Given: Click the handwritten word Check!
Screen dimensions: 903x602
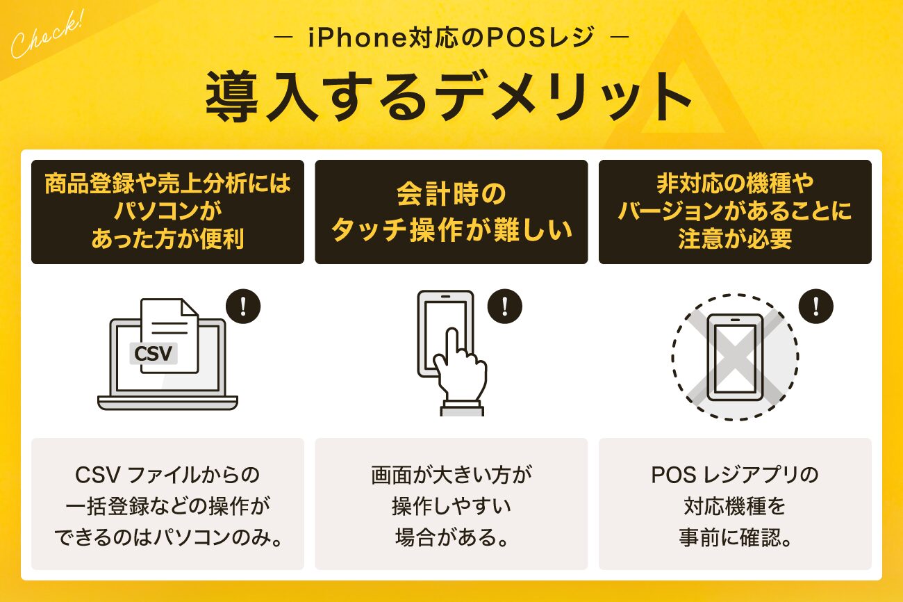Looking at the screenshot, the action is click(x=47, y=35).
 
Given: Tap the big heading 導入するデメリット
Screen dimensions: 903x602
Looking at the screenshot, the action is click(x=448, y=96).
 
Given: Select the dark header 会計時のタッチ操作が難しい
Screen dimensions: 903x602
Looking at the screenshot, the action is click(x=451, y=212).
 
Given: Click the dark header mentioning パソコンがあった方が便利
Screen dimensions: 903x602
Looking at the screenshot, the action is click(x=167, y=212).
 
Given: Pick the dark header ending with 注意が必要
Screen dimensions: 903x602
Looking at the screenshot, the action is click(x=735, y=212).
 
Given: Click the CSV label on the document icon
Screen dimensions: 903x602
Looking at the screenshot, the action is click(x=154, y=353).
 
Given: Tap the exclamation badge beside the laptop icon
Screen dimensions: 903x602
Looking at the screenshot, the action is click(x=243, y=307).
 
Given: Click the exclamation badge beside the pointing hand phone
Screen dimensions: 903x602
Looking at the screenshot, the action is click(x=505, y=307).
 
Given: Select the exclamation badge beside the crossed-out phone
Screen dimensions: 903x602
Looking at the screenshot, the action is click(x=816, y=307).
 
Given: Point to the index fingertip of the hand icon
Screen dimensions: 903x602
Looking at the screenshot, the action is click(x=452, y=332).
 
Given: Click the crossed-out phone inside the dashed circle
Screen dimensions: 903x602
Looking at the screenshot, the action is click(x=736, y=357).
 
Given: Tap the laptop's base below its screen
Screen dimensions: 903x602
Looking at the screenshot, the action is click(x=167, y=402).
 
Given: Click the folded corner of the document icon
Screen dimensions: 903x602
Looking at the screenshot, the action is click(x=190, y=307).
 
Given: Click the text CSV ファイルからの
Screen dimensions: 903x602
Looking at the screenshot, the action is click(x=167, y=475).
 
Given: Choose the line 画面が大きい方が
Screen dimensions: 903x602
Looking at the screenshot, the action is click(x=451, y=475).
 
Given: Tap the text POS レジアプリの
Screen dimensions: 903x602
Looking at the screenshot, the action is click(x=735, y=475).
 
